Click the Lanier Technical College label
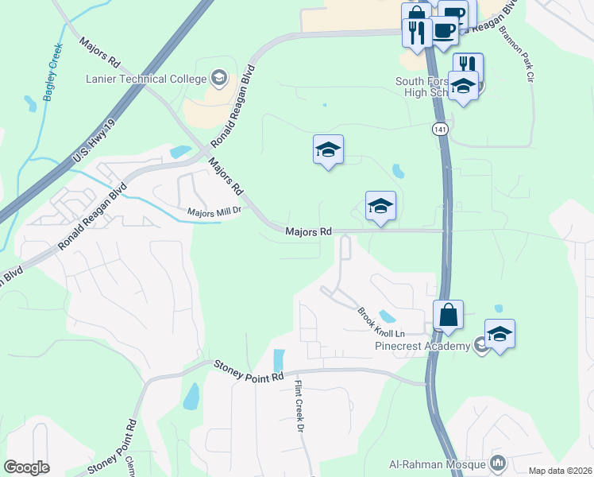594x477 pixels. click(x=148, y=79)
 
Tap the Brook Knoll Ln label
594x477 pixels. click(x=381, y=321)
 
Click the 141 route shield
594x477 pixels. click(x=440, y=129)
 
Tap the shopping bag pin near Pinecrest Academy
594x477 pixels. click(x=448, y=315)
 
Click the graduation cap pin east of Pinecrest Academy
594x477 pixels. click(x=499, y=334)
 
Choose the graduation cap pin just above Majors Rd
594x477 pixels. click(x=380, y=207)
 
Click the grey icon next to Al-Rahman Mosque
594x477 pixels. click(x=499, y=462)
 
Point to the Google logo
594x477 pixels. click(x=26, y=467)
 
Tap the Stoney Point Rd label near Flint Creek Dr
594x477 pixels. click(x=249, y=369)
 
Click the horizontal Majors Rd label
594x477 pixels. click(x=309, y=231)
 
